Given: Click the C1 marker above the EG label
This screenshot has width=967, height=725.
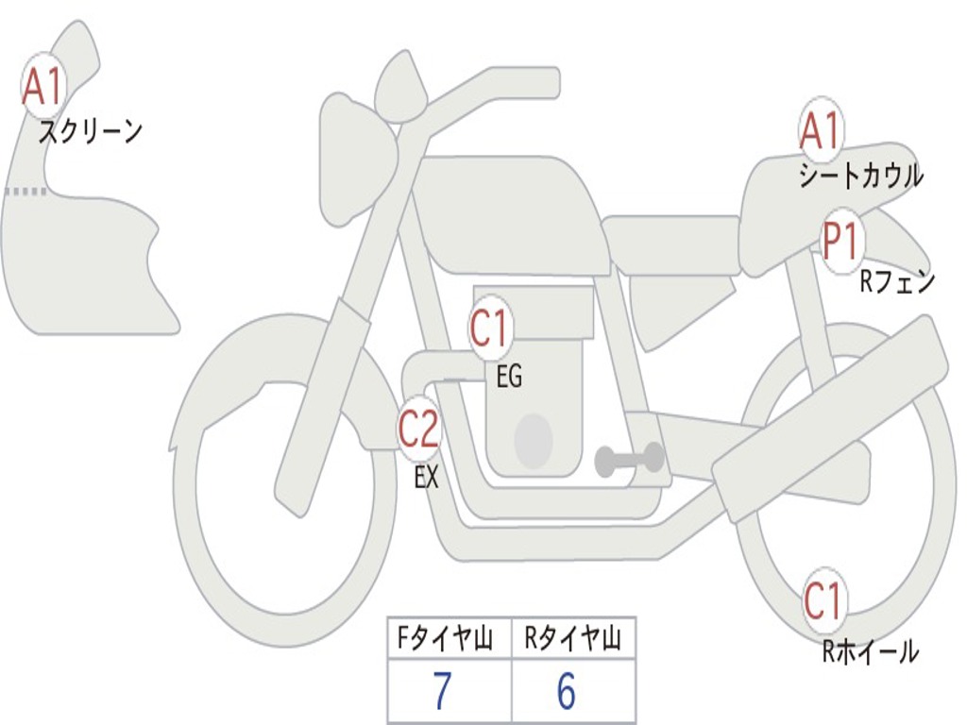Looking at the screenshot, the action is [x=490, y=328].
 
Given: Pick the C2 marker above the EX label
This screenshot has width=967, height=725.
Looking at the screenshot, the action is [x=419, y=428].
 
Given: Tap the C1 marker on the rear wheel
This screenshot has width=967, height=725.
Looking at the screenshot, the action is [x=824, y=600].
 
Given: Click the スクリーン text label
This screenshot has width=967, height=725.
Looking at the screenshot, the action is [x=91, y=131].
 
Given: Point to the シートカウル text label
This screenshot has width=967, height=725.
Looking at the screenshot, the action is [x=861, y=175].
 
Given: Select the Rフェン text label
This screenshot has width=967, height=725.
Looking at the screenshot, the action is [x=897, y=281].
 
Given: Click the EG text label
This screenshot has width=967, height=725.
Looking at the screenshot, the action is [x=509, y=376].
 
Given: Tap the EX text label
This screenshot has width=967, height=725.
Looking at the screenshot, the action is [x=426, y=477].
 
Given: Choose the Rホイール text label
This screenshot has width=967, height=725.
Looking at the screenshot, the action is [x=870, y=651].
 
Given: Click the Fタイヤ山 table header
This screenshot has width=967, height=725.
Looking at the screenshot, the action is [x=444, y=638].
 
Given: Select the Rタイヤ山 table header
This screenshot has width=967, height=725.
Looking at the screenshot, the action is [x=572, y=638].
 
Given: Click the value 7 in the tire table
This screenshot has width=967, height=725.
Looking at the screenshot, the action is [x=442, y=690].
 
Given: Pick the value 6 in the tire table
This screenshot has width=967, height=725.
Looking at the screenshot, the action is [x=567, y=690].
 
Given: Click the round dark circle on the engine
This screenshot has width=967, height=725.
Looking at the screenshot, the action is [x=534, y=440].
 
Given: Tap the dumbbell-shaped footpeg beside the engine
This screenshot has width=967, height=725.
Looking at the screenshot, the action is [x=628, y=460].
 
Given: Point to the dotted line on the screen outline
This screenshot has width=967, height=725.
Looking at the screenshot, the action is [x=25, y=192].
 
